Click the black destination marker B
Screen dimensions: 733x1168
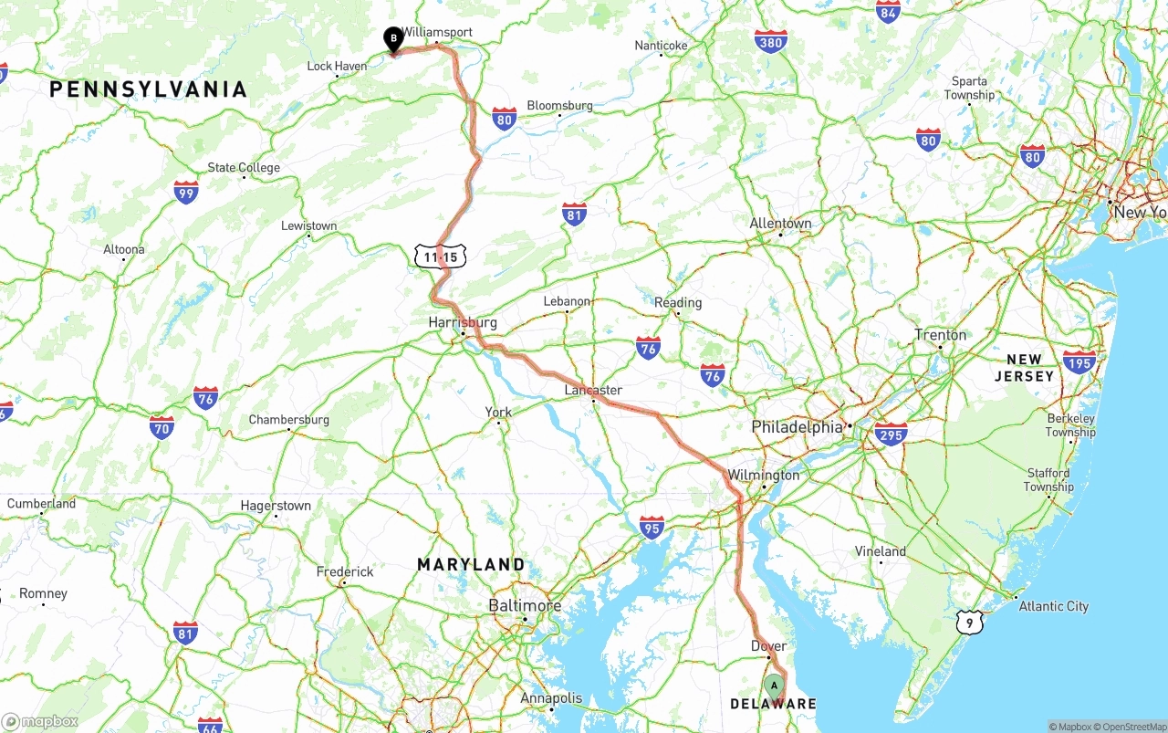(393, 39)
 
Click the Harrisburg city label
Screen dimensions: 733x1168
(463, 322)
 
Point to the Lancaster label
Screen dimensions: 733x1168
(593, 391)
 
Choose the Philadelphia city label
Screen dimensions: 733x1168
(797, 427)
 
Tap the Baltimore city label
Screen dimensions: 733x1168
(525, 606)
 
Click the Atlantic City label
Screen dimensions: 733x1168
(1053, 606)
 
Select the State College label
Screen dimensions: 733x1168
(244, 168)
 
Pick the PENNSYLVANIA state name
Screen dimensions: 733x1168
(149, 89)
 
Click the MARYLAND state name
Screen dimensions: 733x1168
(471, 565)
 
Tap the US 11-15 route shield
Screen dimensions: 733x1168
(440, 257)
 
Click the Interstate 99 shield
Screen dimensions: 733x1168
(186, 192)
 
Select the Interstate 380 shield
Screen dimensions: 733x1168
(771, 41)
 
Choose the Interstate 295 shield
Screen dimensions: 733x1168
(891, 434)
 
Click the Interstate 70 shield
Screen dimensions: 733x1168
(162, 426)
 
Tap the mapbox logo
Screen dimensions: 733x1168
(40, 721)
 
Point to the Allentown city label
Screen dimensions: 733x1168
(780, 224)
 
